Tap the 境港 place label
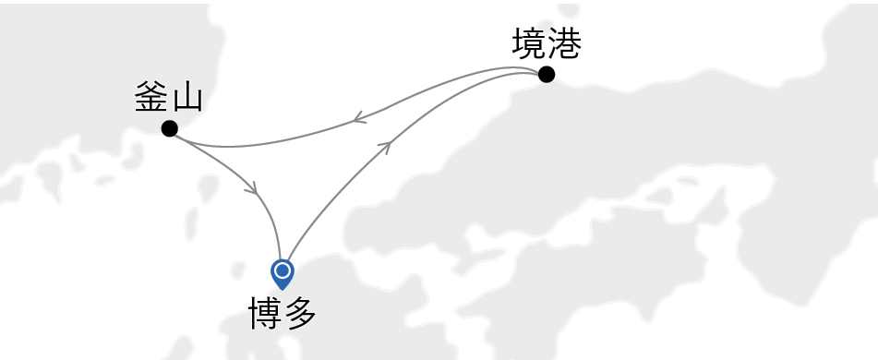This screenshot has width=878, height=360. (546, 44)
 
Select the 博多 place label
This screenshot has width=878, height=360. (283, 314)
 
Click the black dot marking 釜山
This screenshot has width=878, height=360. (169, 128)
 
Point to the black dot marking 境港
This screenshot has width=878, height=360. (547, 75)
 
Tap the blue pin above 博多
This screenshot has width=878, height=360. (283, 273)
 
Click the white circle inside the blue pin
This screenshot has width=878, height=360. (283, 271)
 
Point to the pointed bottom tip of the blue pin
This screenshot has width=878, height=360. (283, 289)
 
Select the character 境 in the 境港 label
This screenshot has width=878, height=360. (528, 44)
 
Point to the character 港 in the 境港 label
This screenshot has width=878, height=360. (563, 44)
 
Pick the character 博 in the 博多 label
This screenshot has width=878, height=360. (265, 314)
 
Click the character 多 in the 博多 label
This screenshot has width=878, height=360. (300, 314)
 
